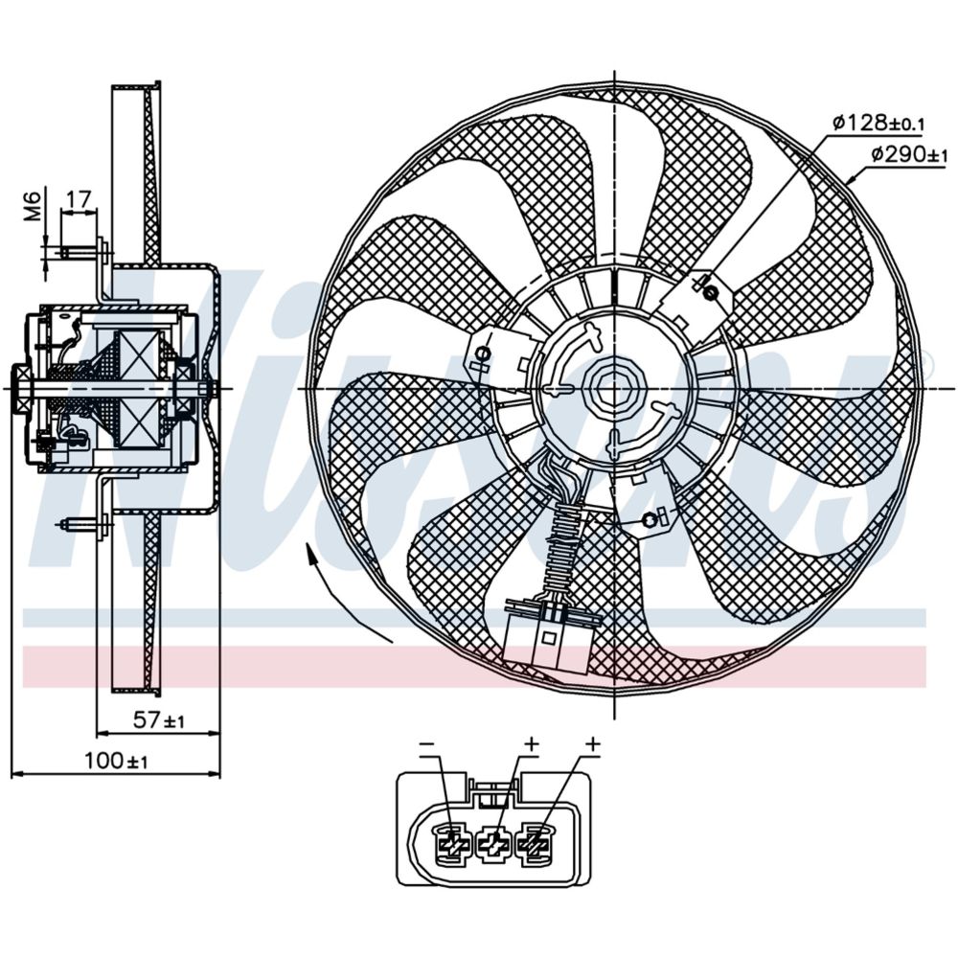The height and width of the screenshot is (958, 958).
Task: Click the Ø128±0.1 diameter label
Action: (878, 123)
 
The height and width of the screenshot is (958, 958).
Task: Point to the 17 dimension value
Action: (79, 199)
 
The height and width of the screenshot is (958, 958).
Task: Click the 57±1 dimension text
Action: (159, 720)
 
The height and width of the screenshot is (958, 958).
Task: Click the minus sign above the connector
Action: (427, 744)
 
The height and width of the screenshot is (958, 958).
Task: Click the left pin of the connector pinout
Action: (450, 843)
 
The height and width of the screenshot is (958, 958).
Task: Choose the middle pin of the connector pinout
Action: (494, 843)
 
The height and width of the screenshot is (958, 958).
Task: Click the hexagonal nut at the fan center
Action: (612, 386)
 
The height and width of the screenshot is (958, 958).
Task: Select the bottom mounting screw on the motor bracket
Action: (650, 519)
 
